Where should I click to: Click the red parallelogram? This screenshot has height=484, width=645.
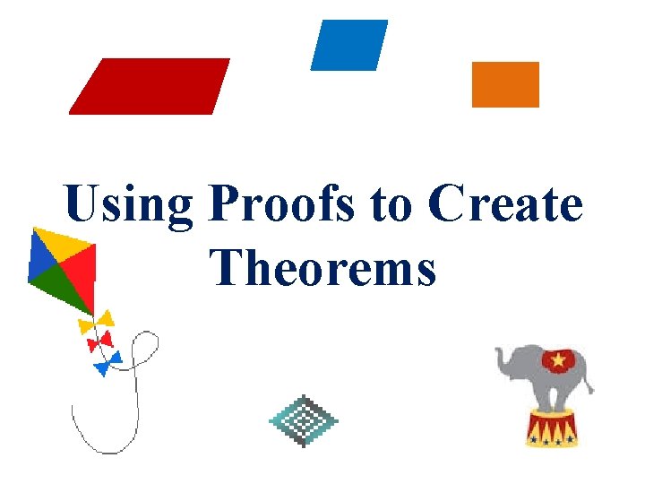(150, 86)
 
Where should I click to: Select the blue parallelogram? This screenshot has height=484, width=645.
(348, 45)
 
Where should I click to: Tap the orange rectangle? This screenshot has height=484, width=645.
(505, 84)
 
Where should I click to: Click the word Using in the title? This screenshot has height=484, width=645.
(128, 205)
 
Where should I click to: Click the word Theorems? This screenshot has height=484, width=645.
(324, 266)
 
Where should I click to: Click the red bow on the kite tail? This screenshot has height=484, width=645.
(99, 341)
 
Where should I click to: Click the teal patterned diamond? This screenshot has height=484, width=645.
(304, 419)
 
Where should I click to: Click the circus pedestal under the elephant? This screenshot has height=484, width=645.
(552, 428)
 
